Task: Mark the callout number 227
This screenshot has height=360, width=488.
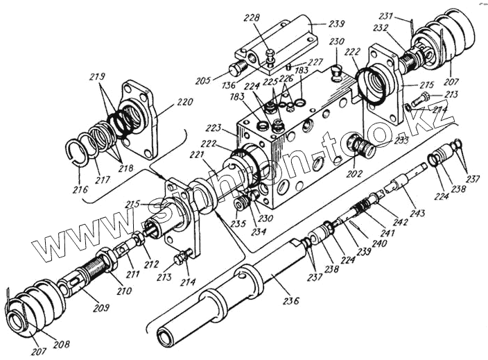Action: (315, 62)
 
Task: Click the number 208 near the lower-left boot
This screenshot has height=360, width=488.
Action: (62, 343)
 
